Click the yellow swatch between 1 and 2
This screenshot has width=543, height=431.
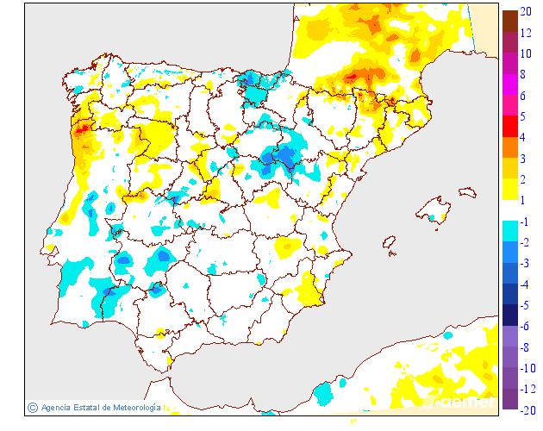click(x=510, y=189)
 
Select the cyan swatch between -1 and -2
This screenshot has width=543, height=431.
click(x=510, y=231)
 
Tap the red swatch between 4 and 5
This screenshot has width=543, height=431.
click(x=510, y=126)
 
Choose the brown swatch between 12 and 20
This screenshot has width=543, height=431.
click(x=510, y=21)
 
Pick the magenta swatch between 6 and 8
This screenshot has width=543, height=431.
click(x=510, y=84)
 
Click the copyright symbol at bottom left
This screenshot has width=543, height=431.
click(x=32, y=407)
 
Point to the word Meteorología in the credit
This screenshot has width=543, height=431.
click(x=131, y=407)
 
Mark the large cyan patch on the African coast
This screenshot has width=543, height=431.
click(x=324, y=393)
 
